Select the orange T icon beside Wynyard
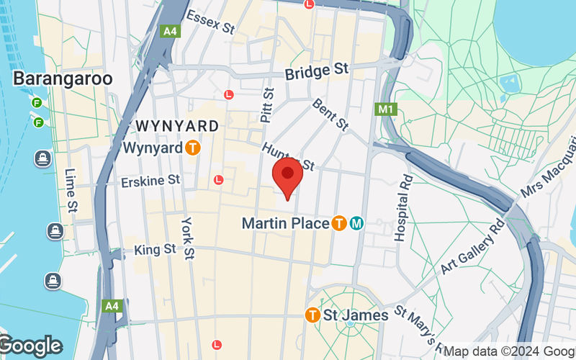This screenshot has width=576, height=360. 192,148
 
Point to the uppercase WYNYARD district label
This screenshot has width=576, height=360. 177,126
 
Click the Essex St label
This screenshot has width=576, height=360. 211,22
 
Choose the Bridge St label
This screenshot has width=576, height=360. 316,72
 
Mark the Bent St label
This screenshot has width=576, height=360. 330,114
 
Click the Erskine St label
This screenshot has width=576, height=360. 151,180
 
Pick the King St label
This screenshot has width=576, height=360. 155,249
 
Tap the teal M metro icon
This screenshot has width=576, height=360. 356,223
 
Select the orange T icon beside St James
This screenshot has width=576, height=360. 312,315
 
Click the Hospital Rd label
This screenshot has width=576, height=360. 404,207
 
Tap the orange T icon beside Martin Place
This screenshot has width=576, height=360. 338,223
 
